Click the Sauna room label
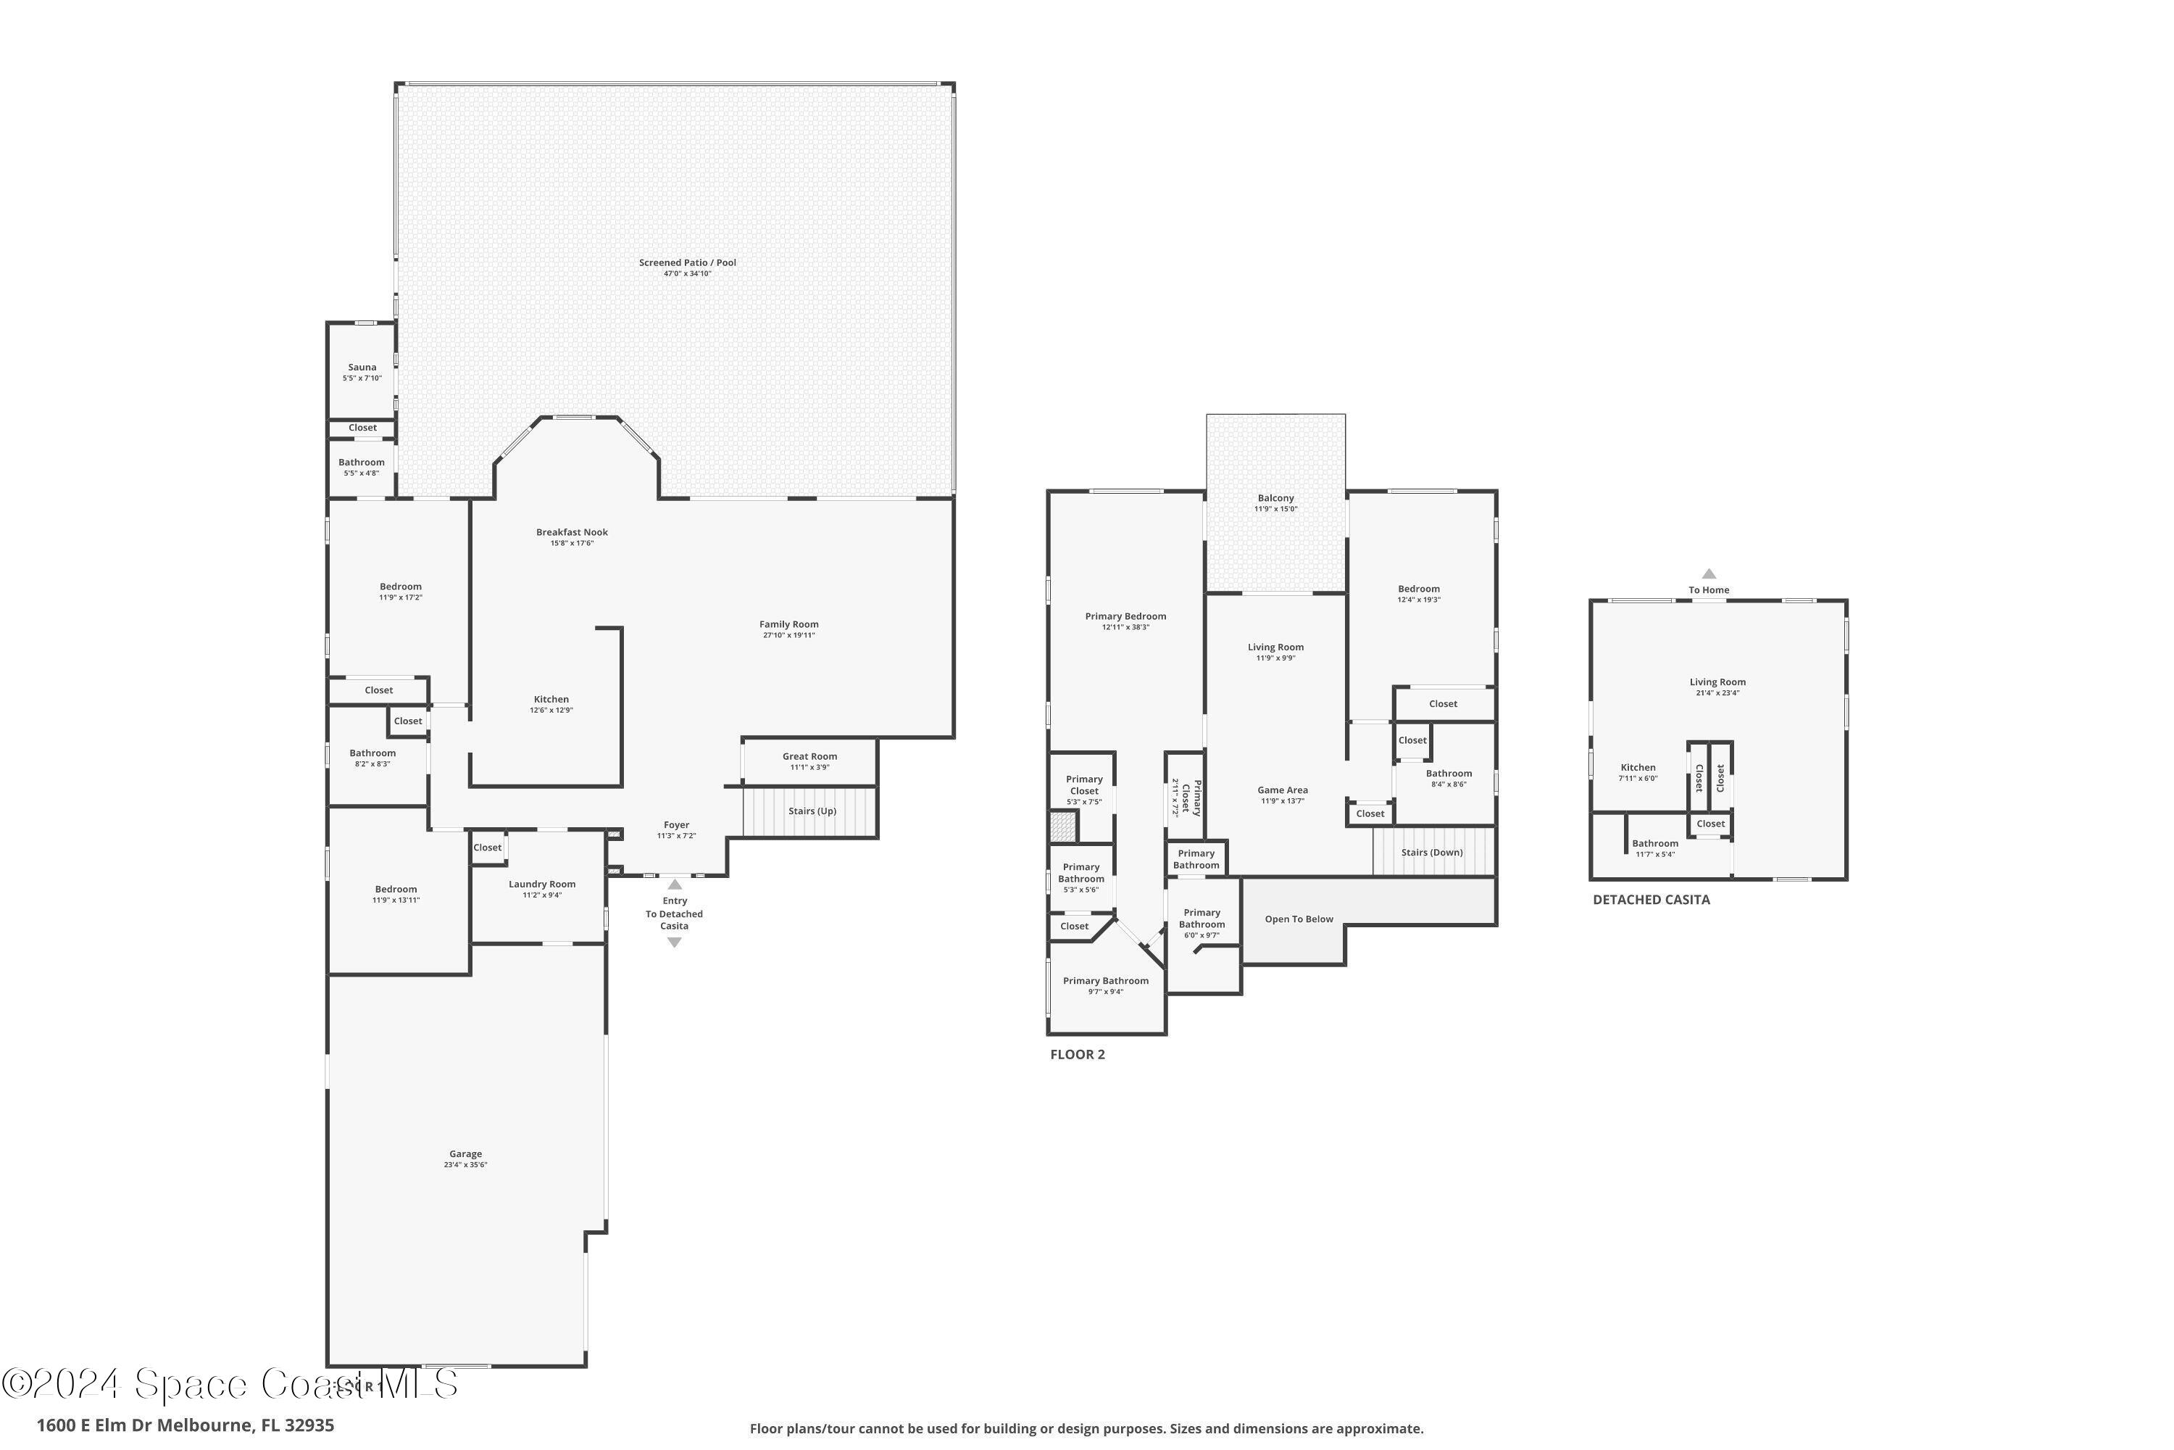pos(362,367)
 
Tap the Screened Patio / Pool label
pos(687,262)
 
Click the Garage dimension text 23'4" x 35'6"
pos(465,1165)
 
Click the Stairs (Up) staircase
pos(811,811)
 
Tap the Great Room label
pos(809,756)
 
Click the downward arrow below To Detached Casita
pos(674,942)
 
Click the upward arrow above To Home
pos(1708,573)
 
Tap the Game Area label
pos(1282,790)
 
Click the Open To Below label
pos(1299,919)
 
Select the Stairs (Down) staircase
pos(1432,853)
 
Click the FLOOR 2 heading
pos(1077,1054)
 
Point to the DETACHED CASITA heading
pos(1651,900)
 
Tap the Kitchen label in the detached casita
pos(1637,768)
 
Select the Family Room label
pos(788,624)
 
